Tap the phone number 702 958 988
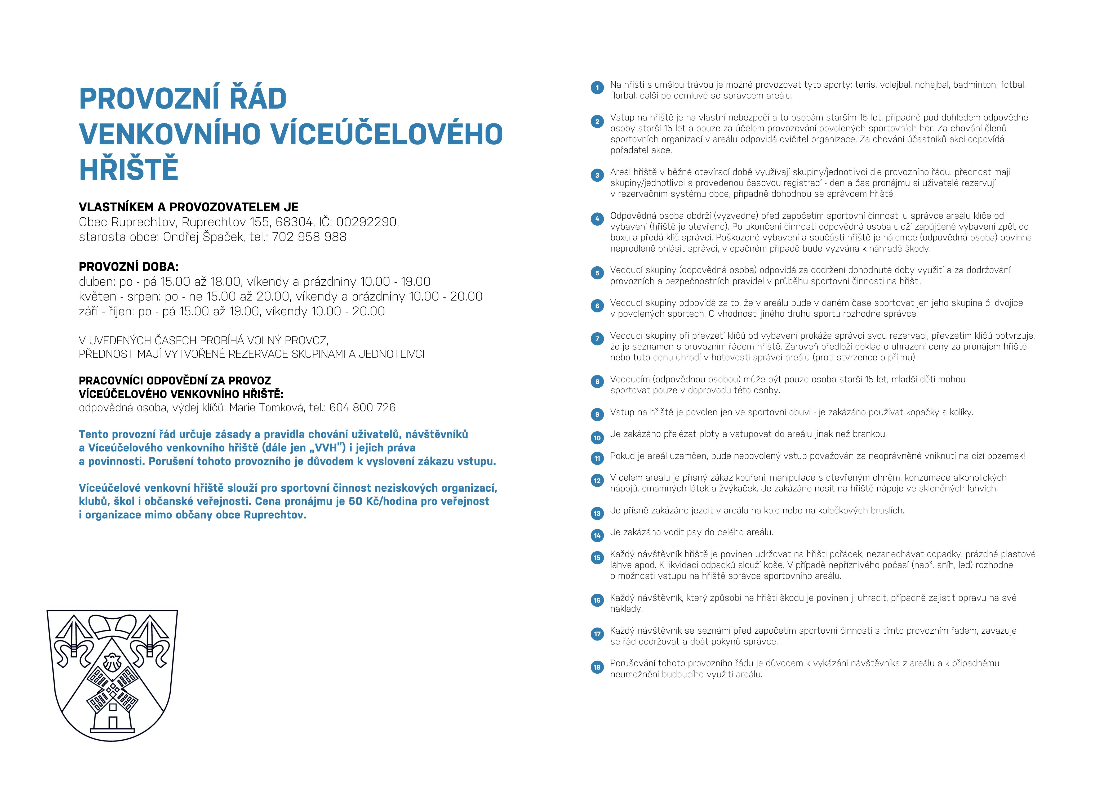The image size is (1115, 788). point(309,237)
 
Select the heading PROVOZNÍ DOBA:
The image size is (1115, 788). point(129,267)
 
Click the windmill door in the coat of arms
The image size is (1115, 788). point(113,722)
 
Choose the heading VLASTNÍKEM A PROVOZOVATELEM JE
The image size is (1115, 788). point(188,207)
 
